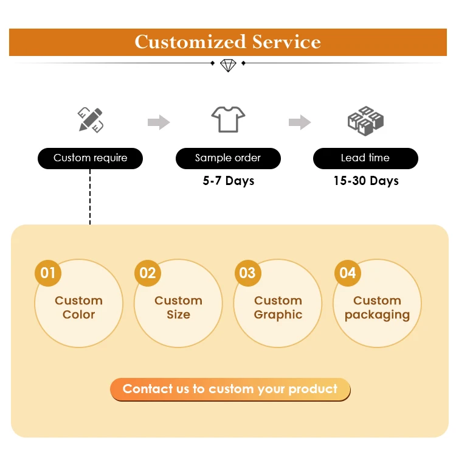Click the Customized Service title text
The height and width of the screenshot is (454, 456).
228,42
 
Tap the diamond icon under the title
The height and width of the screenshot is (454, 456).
228,65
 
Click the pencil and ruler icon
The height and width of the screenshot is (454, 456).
90,120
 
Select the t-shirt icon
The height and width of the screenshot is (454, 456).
228,119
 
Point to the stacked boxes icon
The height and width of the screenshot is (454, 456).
365,120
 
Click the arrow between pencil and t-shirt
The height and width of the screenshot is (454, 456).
159,122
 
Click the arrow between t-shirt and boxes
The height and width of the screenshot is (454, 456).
300,122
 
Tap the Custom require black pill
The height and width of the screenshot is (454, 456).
90,158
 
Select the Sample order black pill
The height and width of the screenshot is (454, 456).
228,158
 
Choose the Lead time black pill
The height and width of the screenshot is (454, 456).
365,158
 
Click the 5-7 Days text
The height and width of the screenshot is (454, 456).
228,181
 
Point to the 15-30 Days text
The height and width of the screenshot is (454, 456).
365,181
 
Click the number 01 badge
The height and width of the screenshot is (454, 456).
48,273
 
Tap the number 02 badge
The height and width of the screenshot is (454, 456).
148,273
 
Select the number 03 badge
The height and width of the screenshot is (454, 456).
247,273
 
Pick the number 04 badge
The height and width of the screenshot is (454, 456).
347,273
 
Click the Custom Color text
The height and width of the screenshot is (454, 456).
78,307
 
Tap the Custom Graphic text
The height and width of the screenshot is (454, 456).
278,307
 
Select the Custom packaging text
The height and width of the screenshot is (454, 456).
377,307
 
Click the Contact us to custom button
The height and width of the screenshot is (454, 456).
230,389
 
